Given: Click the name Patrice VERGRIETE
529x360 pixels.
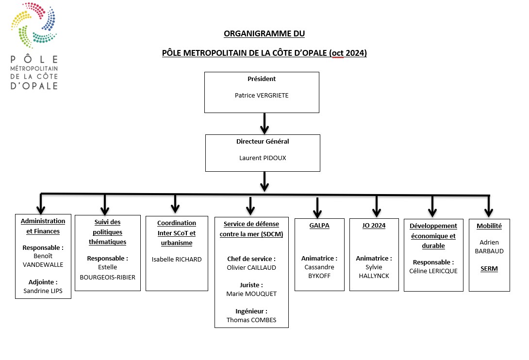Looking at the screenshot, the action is (x=262, y=96).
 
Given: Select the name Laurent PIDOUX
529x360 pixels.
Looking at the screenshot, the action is (x=263, y=158).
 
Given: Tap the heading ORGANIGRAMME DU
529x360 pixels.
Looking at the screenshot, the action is (x=264, y=34).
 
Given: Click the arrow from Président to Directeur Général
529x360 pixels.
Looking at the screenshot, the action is (x=264, y=124).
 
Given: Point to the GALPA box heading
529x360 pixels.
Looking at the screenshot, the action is (x=319, y=226).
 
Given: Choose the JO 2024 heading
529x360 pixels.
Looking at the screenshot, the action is (x=374, y=226).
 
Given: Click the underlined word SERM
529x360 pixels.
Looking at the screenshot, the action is (x=489, y=269).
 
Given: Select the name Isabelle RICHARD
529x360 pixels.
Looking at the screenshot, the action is (x=177, y=260).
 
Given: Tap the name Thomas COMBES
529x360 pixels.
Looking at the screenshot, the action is (x=251, y=320).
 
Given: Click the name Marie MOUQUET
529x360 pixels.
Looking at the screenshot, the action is (x=251, y=294).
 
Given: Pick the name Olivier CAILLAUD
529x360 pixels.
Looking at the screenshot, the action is (x=251, y=267).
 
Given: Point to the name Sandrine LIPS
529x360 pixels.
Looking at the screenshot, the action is (x=43, y=291).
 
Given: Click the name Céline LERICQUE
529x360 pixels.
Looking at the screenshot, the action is (x=433, y=271).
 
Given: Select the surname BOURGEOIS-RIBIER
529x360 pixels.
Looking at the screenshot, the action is (x=108, y=278).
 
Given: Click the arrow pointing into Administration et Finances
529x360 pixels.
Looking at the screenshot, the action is (x=41, y=204).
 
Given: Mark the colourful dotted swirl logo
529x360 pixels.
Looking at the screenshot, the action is (x=34, y=25).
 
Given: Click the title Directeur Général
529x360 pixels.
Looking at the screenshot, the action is (x=263, y=141).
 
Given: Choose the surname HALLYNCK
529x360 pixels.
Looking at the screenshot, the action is (x=374, y=276).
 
